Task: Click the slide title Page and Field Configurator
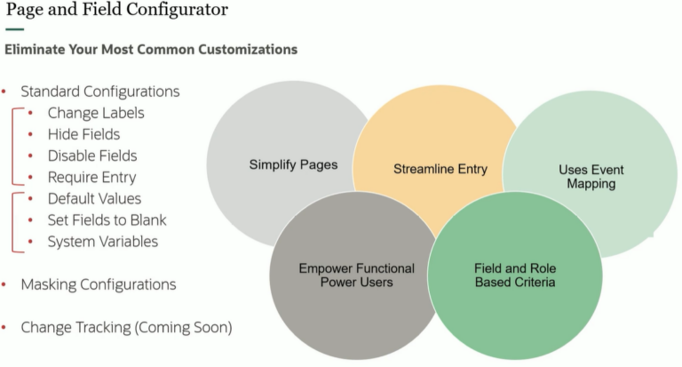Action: [x=116, y=11]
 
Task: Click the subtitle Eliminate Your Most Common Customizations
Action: [x=151, y=50]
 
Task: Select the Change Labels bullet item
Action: [x=96, y=113]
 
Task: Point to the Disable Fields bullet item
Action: [x=92, y=156]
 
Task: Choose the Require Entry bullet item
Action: [x=92, y=177]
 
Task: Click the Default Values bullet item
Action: [x=94, y=198]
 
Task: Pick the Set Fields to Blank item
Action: [x=107, y=219]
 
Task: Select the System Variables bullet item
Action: [x=103, y=241]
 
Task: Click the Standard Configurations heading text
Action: [x=100, y=92]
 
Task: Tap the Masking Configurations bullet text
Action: [x=99, y=284]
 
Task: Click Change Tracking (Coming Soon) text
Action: [x=126, y=327]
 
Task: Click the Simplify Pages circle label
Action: [x=281, y=164]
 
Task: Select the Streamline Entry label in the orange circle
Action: [x=440, y=169]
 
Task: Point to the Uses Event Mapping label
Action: [x=591, y=177]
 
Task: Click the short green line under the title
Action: [x=14, y=29]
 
